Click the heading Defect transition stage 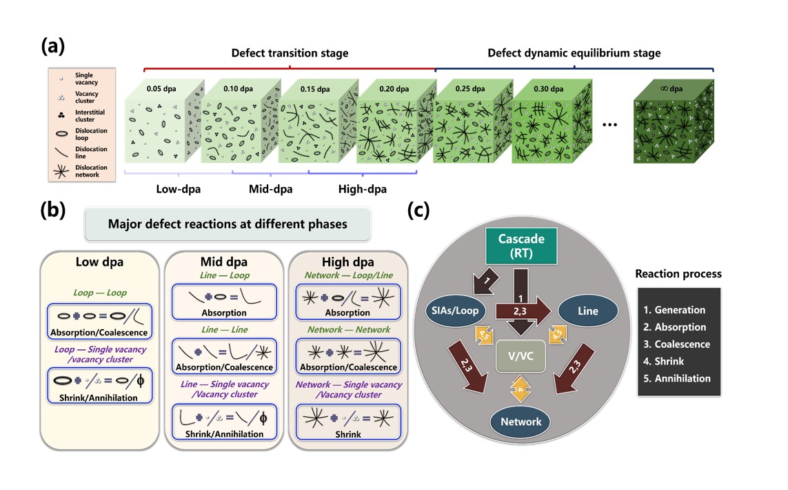(x=290, y=52)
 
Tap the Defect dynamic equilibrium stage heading (x=574, y=52)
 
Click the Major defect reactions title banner (x=228, y=224)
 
